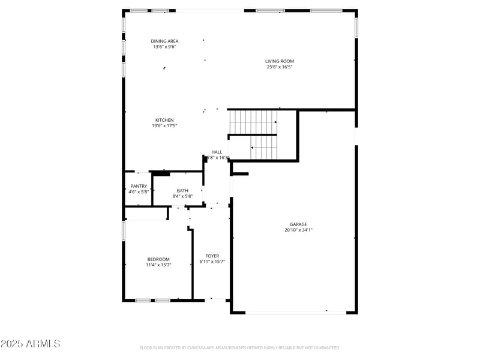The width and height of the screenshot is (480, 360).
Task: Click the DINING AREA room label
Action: [164, 41]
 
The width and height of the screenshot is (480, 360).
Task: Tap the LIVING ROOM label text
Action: [280, 61]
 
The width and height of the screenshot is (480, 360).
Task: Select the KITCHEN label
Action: [164, 120]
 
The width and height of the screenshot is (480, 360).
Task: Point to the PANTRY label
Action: [139, 186]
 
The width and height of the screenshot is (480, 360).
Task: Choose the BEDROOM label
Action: [158, 259]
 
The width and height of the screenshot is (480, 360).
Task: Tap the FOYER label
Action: [212, 256]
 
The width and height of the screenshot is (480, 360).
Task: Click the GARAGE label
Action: [298, 224]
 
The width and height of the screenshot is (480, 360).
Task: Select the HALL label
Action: [217, 152]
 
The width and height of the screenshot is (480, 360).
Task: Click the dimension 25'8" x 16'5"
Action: [280, 67]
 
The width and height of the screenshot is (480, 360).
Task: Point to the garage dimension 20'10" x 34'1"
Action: [298, 230]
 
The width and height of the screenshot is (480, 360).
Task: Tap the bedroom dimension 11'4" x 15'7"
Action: [158, 265]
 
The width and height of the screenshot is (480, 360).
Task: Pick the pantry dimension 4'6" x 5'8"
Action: [139, 192]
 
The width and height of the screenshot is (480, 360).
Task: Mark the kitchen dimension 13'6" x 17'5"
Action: [164, 126]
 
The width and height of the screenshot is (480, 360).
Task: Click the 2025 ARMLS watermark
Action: [30, 344]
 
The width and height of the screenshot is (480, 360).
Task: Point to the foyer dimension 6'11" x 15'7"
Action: [212, 262]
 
